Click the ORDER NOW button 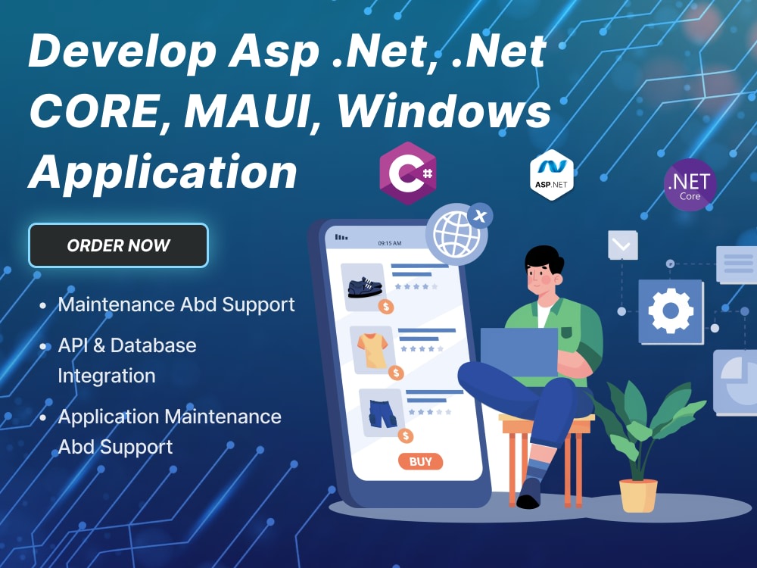[118, 245]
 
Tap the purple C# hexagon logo [408, 173]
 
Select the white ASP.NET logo [552, 175]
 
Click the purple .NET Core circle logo [690, 185]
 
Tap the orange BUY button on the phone [420, 461]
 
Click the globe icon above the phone [456, 234]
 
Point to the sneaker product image [365, 287]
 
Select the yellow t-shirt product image [372, 350]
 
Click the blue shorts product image [382, 413]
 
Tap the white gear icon [671, 311]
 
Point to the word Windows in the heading [444, 111]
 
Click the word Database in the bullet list [154, 345]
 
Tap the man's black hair [544, 261]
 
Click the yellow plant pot [638, 495]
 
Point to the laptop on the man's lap [519, 351]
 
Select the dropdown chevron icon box [623, 245]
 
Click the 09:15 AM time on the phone [390, 243]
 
